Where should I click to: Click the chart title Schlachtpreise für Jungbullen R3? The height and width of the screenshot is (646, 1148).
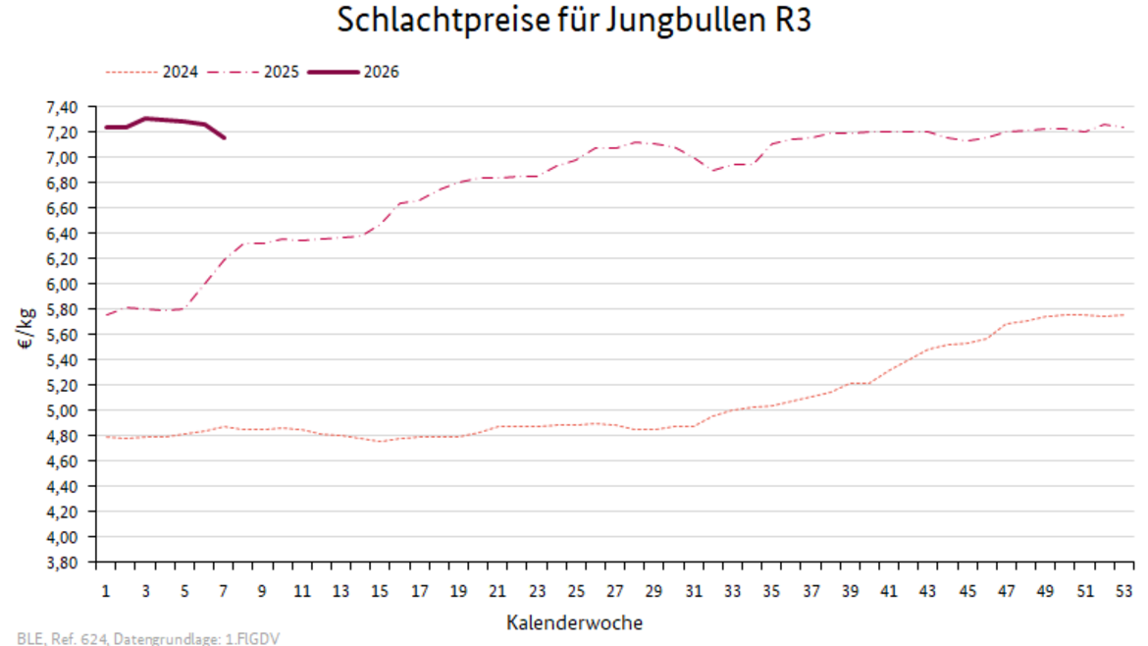574,21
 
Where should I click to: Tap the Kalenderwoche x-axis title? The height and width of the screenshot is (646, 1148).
575,622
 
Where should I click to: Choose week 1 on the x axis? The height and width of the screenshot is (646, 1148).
106,591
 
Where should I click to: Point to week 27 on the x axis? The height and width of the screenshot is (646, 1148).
614,591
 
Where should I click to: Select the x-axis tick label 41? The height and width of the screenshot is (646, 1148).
889,591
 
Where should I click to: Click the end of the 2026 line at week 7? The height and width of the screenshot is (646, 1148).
224,137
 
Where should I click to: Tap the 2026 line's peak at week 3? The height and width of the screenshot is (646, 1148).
145,119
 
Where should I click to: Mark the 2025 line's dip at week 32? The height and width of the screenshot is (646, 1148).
713,171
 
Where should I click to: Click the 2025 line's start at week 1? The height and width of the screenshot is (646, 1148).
106,315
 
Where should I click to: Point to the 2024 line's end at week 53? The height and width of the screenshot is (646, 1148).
1123,314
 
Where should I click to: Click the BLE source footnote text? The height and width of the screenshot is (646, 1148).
149,638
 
